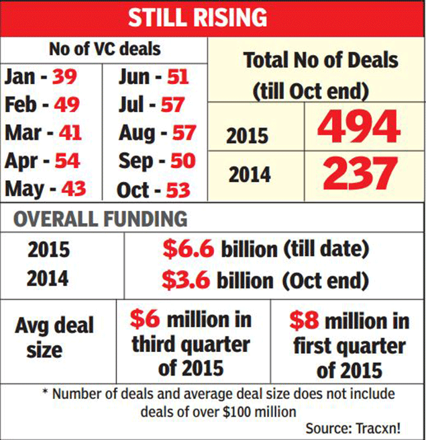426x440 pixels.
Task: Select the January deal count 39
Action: pos(67,77)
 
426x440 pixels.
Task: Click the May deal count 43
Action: pos(74,189)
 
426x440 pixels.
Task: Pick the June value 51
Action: pos(178,77)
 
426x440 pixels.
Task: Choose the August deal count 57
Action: pos(183,133)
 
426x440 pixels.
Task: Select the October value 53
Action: pos(178,189)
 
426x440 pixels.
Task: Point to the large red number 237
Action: pos(360,173)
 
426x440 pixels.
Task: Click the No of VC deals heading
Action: pos(104,49)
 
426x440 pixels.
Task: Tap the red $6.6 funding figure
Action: pos(189,249)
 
